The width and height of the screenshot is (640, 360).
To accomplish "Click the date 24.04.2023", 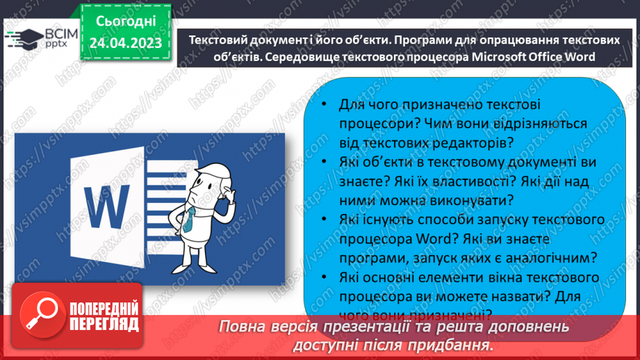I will [125, 43].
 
